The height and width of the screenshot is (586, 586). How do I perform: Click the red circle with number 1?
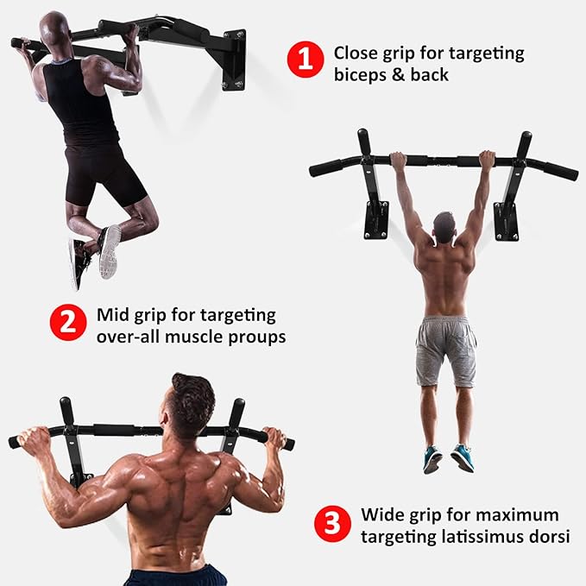tap(306, 60)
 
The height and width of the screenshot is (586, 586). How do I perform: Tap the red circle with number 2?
tap(68, 322)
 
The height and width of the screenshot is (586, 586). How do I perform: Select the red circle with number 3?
tap(332, 524)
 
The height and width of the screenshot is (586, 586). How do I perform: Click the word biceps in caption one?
tap(360, 75)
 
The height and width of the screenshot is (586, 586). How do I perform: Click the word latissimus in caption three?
tap(482, 537)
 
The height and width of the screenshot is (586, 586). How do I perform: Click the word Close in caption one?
tap(356, 53)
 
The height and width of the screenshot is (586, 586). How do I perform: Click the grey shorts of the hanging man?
tap(446, 351)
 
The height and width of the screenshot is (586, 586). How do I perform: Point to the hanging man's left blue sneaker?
tap(432, 458)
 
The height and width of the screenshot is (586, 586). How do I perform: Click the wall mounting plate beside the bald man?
tap(234, 60)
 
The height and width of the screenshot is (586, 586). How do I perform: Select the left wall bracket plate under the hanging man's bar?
tap(376, 220)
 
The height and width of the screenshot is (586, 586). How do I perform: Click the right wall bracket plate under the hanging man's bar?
tap(507, 222)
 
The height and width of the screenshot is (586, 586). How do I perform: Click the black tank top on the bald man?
tap(81, 103)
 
